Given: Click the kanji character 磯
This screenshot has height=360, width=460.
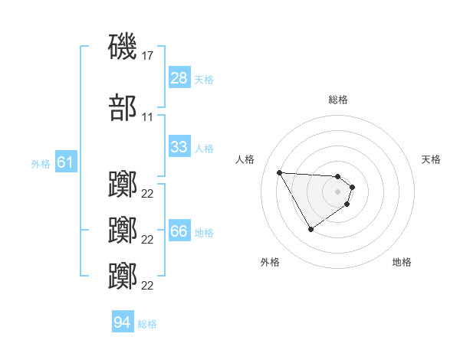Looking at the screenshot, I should point(123,46).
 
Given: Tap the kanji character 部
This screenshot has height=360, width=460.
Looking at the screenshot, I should point(123,107).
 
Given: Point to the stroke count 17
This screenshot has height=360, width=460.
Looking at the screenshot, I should point(148,55).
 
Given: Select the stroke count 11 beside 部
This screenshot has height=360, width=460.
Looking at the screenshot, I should point(148,116).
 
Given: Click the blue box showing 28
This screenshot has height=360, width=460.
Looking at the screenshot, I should point(179,78).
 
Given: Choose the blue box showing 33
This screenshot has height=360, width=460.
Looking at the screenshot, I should point(179,147).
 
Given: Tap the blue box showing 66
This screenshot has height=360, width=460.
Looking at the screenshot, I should point(179,231).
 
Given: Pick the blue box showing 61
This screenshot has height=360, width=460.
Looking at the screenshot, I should point(64,162).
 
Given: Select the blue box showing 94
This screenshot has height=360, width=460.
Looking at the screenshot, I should point(122,322).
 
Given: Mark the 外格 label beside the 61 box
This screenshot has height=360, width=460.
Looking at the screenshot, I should point(40,163).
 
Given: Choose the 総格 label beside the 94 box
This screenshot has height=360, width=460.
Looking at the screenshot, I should point(147,323).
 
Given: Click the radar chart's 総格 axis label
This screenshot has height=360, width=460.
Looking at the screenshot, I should point(337,100).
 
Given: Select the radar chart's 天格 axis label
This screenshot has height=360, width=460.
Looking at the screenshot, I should point(431,159).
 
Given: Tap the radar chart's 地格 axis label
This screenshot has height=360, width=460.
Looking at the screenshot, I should point(402,262).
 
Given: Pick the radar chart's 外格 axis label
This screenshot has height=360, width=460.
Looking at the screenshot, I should point(270,262).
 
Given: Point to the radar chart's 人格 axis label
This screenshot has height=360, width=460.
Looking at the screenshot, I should point(245,159).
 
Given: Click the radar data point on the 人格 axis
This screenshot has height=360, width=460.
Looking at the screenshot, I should point(279,172).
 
